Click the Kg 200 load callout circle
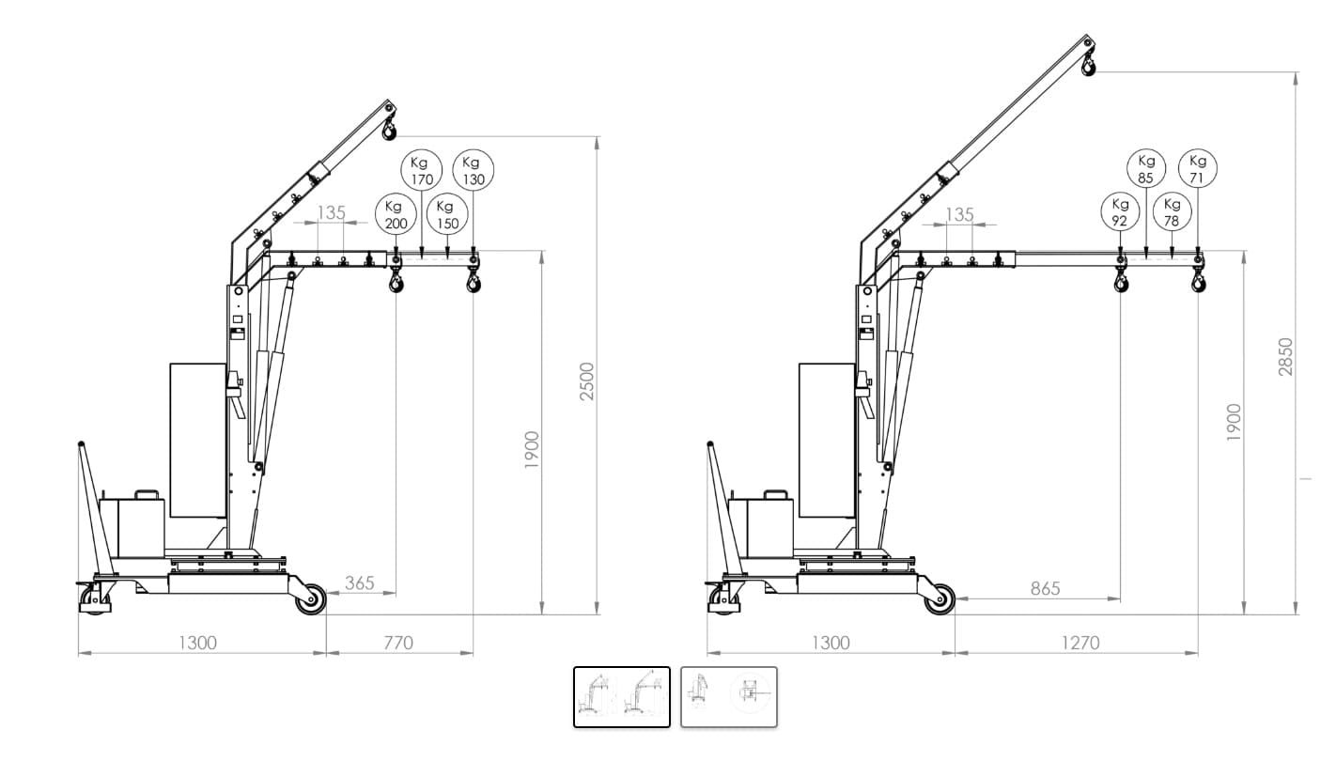point(395,215)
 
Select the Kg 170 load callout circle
point(422,171)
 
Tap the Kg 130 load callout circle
point(474,171)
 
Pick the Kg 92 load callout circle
point(1120,211)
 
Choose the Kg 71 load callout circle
point(1198,168)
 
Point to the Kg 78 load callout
point(1172,211)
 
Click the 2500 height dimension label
point(587,381)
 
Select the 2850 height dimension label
point(1285,357)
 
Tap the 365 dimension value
point(360,582)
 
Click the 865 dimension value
point(1046,589)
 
